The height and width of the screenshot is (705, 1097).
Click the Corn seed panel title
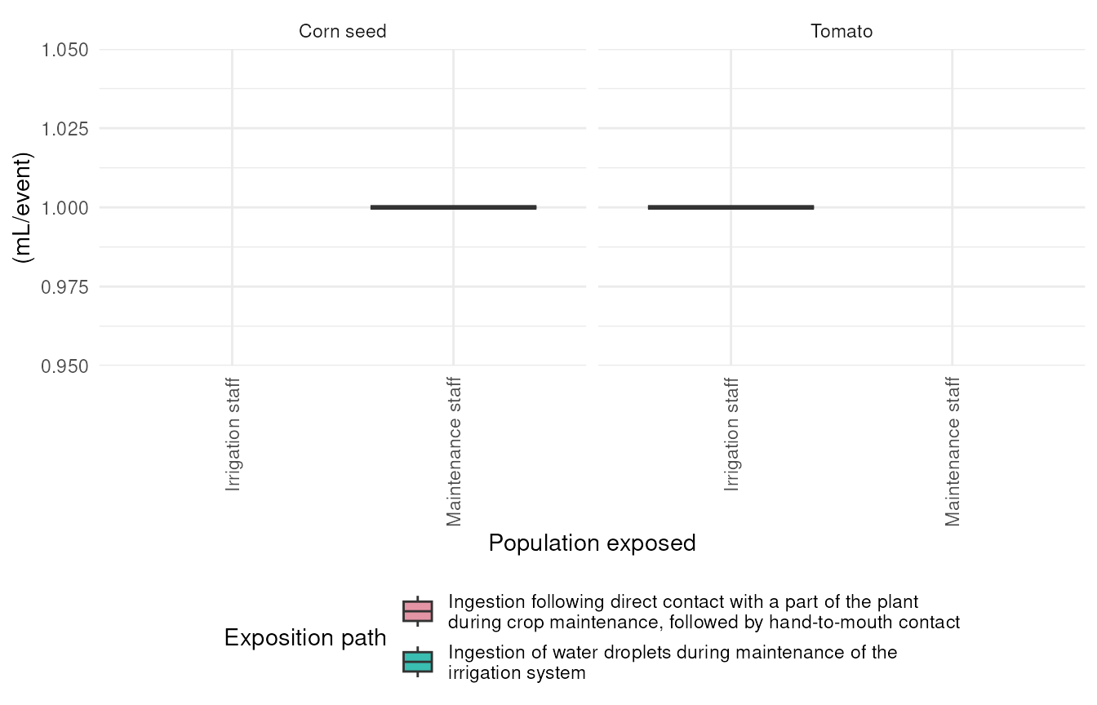pyautogui.click(x=342, y=31)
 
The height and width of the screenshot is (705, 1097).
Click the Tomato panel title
pyautogui.click(x=842, y=31)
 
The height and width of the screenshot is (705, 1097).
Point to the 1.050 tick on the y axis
pyautogui.click(x=64, y=50)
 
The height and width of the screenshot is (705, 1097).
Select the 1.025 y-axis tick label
pyautogui.click(x=64, y=129)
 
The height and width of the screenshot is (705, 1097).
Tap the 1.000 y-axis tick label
pyautogui.click(x=64, y=208)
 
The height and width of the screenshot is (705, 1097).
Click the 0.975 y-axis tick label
pyautogui.click(x=64, y=287)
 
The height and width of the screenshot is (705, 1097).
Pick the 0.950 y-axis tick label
pyautogui.click(x=64, y=366)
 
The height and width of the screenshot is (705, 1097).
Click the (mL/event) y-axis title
pyautogui.click(x=23, y=207)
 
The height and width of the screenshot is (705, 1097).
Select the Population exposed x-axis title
pyautogui.click(x=592, y=543)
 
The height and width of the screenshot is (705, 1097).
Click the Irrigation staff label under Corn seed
pyautogui.click(x=233, y=434)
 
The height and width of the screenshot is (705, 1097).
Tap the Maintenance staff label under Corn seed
pyautogui.click(x=454, y=451)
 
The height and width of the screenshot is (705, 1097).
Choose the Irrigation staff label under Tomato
pyautogui.click(x=731, y=434)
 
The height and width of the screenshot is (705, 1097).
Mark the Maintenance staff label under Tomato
pyautogui.click(x=953, y=451)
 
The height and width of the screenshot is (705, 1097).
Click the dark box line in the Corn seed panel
pyautogui.click(x=454, y=207)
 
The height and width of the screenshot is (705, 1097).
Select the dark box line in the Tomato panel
pyautogui.click(x=731, y=207)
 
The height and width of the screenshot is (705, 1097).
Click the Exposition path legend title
pyautogui.click(x=305, y=637)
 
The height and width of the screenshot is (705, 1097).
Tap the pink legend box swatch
pyautogui.click(x=418, y=611)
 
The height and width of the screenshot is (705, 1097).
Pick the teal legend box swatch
pyautogui.click(x=418, y=662)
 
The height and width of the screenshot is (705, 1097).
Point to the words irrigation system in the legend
pyautogui.click(x=517, y=673)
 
